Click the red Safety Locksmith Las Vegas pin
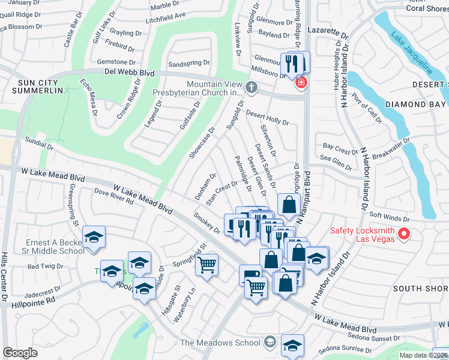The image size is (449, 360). (x=405, y=233)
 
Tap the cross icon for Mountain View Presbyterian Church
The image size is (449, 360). (x=252, y=89)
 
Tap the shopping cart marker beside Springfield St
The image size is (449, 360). (x=207, y=263)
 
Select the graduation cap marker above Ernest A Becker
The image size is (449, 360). (x=94, y=236)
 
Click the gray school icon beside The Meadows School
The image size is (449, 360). (x=270, y=343)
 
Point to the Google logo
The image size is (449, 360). (x=20, y=353)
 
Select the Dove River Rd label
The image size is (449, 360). (x=113, y=196)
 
